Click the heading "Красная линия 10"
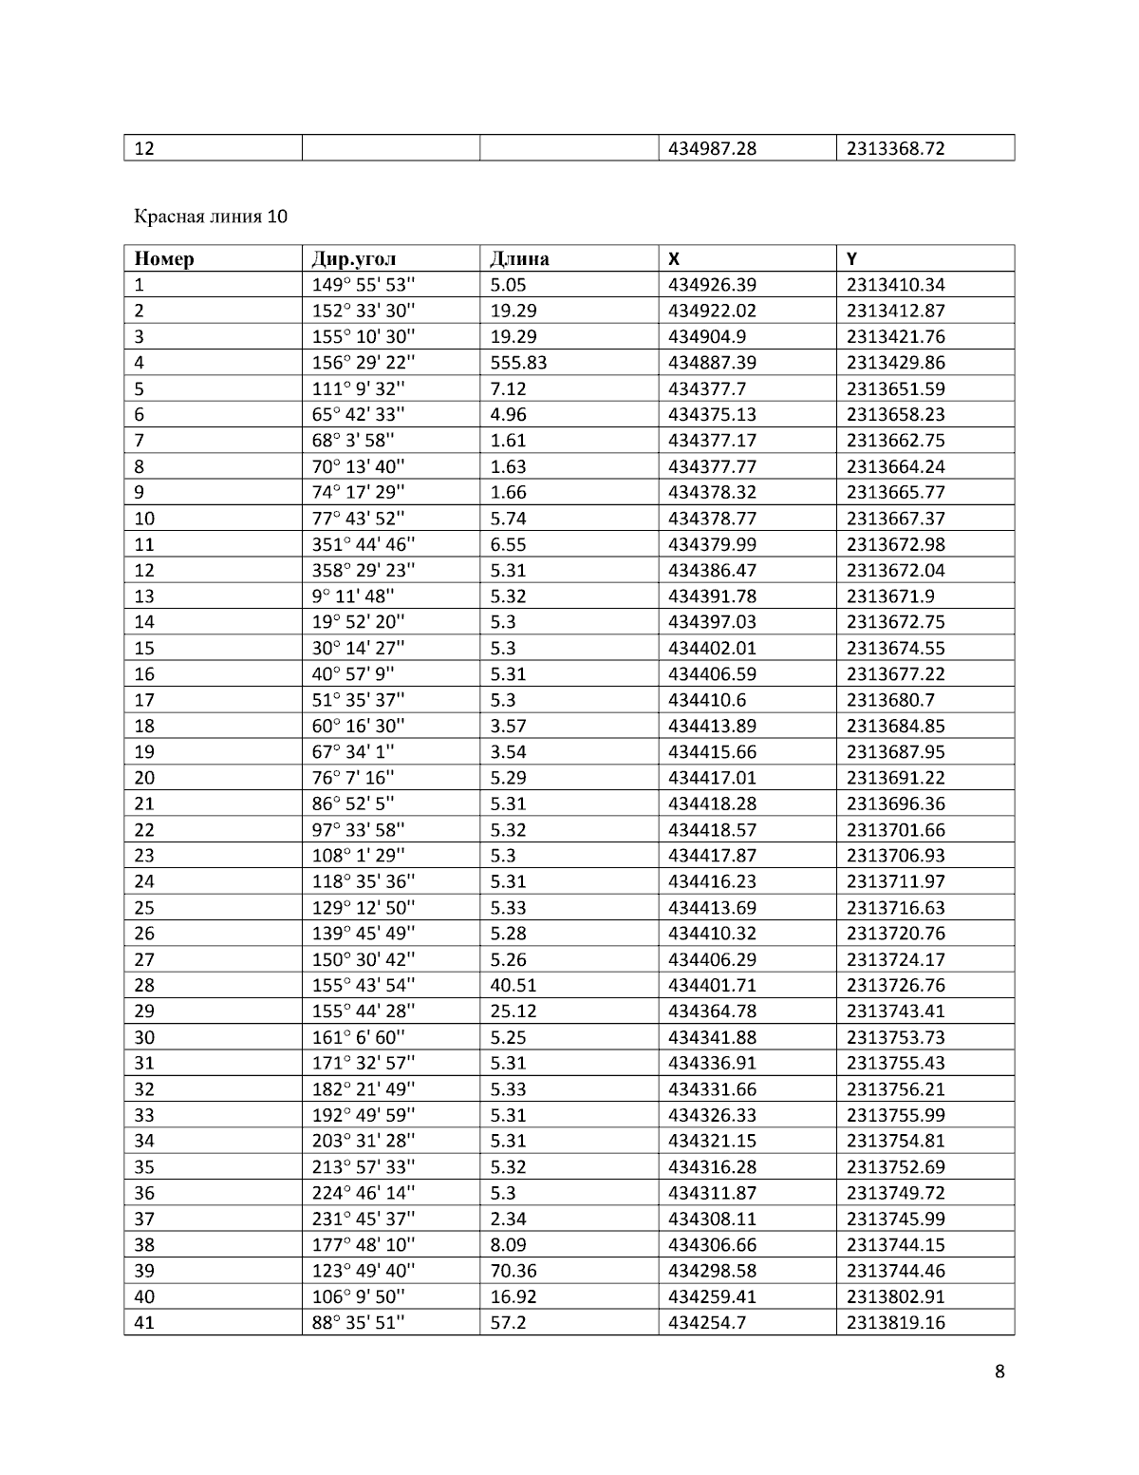(x=210, y=217)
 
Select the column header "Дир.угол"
(x=354, y=258)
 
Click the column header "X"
(x=674, y=258)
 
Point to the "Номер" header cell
(x=164, y=258)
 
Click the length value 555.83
(x=518, y=362)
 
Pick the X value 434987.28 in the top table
(x=712, y=148)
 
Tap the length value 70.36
(x=512, y=1271)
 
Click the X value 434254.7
(x=707, y=1322)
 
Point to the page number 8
(x=999, y=1371)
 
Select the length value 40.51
(x=512, y=985)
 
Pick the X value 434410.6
(x=707, y=700)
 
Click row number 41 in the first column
(x=144, y=1322)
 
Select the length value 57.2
(x=508, y=1322)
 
